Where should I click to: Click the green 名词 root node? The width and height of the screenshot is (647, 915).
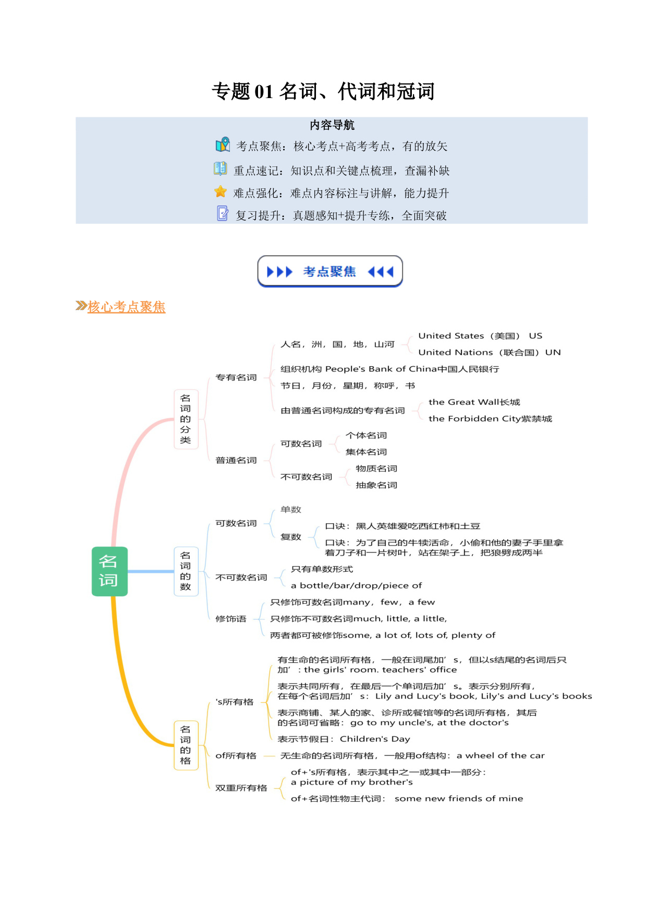tap(109, 571)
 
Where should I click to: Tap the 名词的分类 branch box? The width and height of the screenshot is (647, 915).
tap(186, 419)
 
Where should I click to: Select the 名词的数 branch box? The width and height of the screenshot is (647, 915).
tap(186, 571)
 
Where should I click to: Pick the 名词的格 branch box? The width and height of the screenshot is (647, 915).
tap(186, 745)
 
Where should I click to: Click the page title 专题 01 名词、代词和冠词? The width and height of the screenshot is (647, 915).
tap(323, 91)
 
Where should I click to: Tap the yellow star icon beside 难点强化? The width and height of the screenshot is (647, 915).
tap(221, 192)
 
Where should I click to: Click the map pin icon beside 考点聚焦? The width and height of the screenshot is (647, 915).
tap(223, 145)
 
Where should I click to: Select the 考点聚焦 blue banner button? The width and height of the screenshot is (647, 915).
tap(330, 271)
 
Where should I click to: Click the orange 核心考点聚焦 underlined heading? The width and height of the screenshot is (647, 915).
tap(126, 307)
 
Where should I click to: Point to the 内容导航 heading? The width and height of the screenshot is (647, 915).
tap(332, 125)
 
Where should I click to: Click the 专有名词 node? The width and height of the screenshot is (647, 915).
tap(236, 377)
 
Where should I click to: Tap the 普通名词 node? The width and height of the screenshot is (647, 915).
tap(236, 460)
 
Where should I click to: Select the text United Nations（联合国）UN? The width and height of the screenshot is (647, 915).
tap(490, 352)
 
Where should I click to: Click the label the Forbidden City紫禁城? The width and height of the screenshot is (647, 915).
tap(490, 418)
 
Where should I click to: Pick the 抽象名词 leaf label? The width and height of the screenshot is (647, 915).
tap(376, 485)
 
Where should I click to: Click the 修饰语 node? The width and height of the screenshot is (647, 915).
tap(231, 619)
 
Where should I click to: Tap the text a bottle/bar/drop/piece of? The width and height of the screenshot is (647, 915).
tap(357, 585)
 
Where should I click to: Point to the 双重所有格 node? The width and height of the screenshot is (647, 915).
tap(241, 788)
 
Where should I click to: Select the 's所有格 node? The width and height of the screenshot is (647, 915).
tap(235, 702)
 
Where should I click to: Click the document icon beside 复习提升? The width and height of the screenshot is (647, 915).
tap(223, 213)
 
